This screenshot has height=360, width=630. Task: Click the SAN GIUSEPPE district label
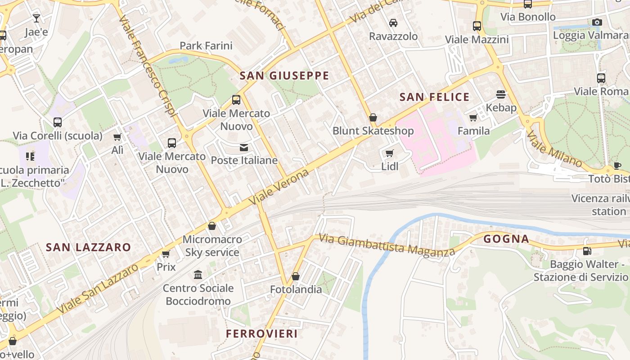tap(284, 76)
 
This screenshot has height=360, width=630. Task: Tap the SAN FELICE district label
tap(434, 97)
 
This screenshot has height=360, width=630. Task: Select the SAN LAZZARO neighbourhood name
tap(88, 247)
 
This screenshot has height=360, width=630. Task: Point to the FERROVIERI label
tap(261, 333)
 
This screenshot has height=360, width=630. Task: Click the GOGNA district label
tap(506, 239)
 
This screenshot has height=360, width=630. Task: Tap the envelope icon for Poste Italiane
tap(244, 147)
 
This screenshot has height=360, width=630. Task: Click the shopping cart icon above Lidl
tap(390, 153)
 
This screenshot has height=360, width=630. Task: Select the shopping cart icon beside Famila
tap(473, 118)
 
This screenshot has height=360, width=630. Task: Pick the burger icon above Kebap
tap(501, 94)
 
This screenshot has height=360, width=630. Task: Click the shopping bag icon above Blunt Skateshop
tap(373, 118)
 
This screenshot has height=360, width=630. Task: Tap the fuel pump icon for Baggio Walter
tap(587, 251)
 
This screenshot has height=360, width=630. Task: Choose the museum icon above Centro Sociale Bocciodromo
tap(198, 274)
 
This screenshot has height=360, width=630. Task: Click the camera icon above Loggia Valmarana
tap(597, 22)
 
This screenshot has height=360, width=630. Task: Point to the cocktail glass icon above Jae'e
tap(36, 18)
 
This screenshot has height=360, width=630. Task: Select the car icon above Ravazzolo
tap(393, 23)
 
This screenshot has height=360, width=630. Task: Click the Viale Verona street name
tap(281, 186)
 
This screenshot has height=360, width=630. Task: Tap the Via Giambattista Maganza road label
tap(387, 246)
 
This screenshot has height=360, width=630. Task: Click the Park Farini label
tap(206, 45)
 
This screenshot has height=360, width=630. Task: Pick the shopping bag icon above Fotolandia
tap(296, 276)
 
